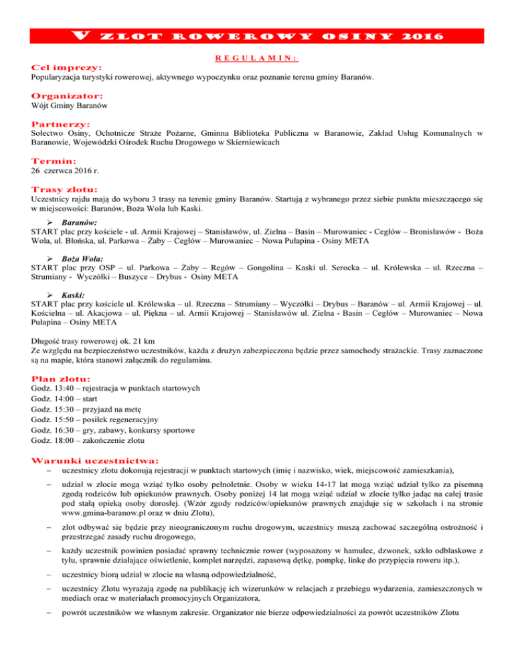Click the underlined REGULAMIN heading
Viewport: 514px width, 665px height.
pos(257,58)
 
